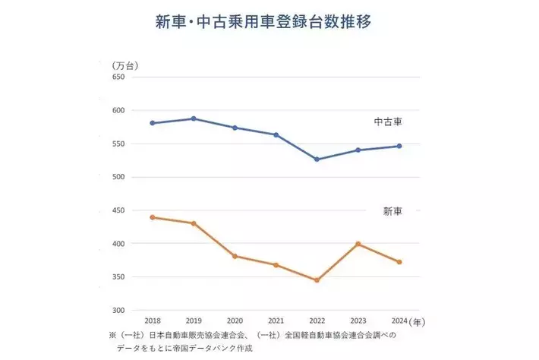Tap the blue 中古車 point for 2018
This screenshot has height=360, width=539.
tap(153, 123)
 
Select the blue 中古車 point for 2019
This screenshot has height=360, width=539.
tap(194, 118)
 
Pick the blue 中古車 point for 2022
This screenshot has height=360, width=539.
tap(317, 159)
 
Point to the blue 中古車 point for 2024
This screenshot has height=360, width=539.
tap(399, 146)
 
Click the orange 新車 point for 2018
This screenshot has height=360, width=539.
tap(153, 217)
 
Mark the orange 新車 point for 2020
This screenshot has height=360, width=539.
tap(235, 256)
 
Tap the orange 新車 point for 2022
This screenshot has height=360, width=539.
tap(317, 280)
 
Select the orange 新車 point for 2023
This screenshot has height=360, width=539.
tap(358, 244)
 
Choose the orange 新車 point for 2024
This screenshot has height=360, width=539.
tap(399, 262)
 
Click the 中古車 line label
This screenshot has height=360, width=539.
tap(388, 121)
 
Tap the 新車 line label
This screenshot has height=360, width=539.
tap(392, 210)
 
